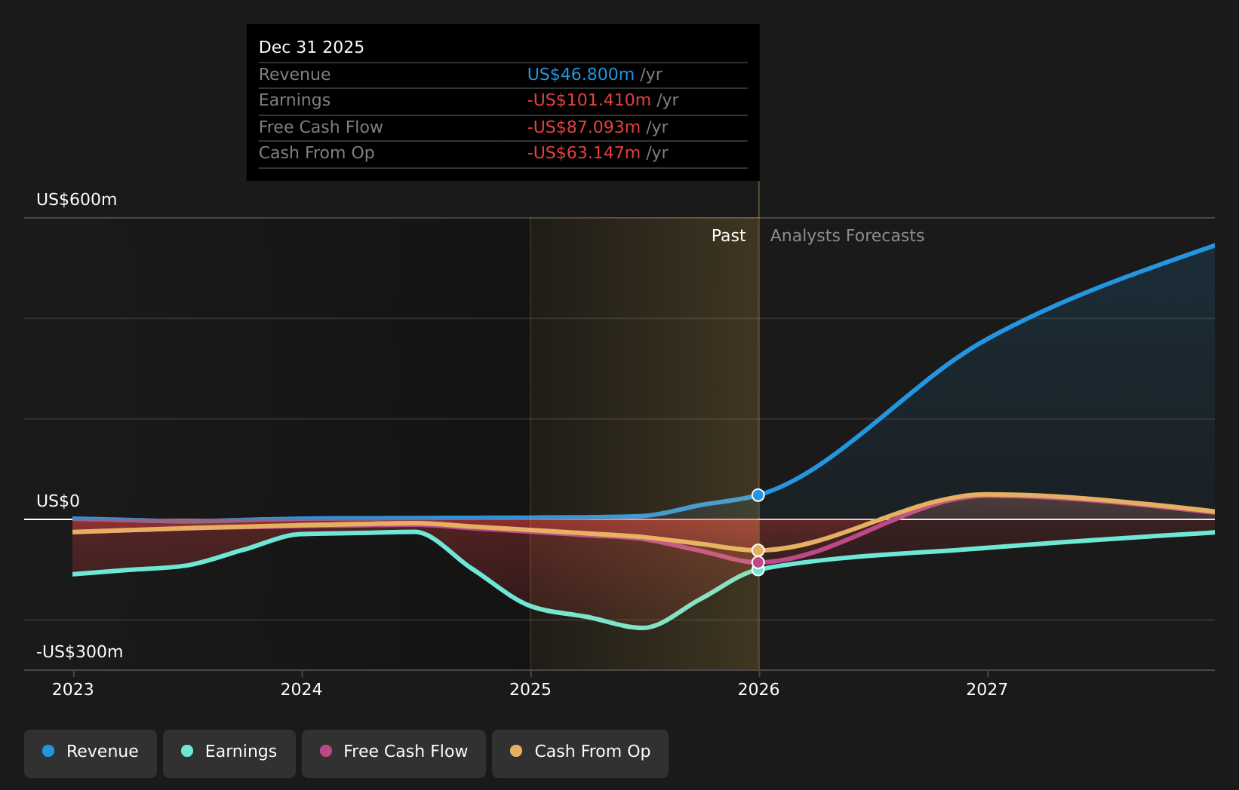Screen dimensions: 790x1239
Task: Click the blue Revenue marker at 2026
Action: click(x=758, y=495)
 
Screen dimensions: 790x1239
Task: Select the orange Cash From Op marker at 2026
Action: click(x=758, y=550)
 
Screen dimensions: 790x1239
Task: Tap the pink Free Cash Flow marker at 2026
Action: click(x=758, y=562)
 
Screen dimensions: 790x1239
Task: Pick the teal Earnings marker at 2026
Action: click(x=758, y=570)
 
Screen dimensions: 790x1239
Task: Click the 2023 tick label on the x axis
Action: click(x=73, y=690)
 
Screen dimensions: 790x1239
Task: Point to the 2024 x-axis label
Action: click(x=301, y=690)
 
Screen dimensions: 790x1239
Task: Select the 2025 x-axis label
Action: click(x=530, y=690)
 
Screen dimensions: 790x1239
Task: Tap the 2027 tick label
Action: click(x=987, y=690)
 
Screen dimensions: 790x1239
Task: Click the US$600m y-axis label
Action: click(x=77, y=200)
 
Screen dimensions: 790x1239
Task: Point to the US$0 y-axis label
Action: click(x=58, y=501)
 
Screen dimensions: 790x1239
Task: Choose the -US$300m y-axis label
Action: click(x=80, y=652)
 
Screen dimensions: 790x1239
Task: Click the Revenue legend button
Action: click(x=91, y=752)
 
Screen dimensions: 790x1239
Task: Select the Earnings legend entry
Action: click(x=229, y=752)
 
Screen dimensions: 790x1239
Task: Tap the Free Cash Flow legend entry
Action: click(x=394, y=752)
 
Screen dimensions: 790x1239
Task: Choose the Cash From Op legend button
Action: click(x=580, y=752)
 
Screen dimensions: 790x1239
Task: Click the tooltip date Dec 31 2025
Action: click(x=312, y=47)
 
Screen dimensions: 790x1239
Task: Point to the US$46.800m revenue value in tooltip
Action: click(x=580, y=75)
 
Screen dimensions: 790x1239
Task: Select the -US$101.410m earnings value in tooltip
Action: click(x=589, y=100)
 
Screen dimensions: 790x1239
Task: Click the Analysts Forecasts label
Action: click(x=847, y=236)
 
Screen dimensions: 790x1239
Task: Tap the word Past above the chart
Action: click(x=728, y=236)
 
